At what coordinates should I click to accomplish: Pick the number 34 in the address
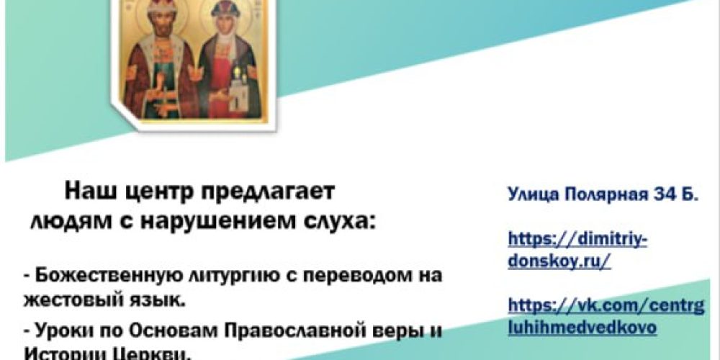point(667,194)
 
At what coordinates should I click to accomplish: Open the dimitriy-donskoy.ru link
point(577,249)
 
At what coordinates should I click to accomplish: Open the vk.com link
point(606,316)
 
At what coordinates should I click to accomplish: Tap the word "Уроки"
point(60,333)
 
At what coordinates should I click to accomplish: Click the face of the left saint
point(161,30)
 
